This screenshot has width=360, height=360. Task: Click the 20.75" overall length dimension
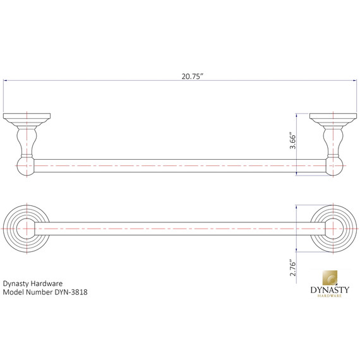coord(191,76)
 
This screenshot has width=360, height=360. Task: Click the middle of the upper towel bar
coord(180,165)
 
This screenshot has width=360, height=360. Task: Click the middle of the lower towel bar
coord(180,229)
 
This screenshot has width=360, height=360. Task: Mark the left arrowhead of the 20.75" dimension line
coord(6,81)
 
